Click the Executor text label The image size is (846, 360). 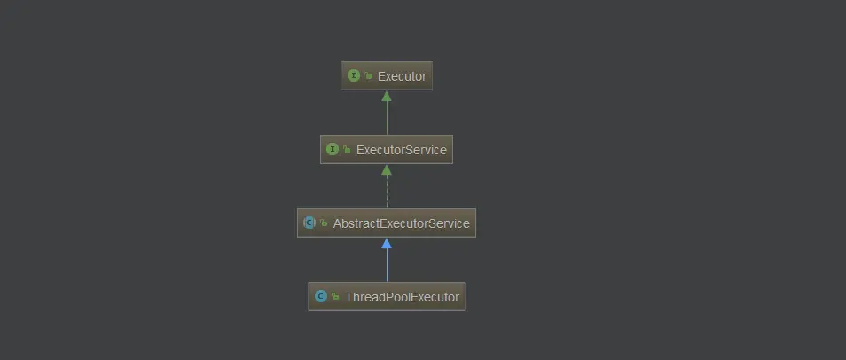pos(402,76)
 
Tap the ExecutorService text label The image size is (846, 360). pos(401,150)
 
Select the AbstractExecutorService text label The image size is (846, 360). pos(401,223)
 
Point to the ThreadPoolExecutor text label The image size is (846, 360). pos(402,297)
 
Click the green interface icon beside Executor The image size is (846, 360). pos(354,76)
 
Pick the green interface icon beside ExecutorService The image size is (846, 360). pos(333,150)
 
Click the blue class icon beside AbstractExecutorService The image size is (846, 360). pos(309,223)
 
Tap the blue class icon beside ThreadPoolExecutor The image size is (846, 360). pos(321,297)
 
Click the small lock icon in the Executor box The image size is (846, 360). pos(368,77)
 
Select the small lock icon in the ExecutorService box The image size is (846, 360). pos(348,151)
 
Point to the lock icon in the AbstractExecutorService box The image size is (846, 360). pos(324,224)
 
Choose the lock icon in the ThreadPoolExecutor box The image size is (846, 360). pos(335,298)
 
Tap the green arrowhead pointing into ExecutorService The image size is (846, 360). pos(387,169)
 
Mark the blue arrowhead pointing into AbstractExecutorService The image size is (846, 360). pos(387,243)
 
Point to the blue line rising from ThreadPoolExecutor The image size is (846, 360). pos(387,266)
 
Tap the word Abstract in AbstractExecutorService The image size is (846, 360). pos(353,223)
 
